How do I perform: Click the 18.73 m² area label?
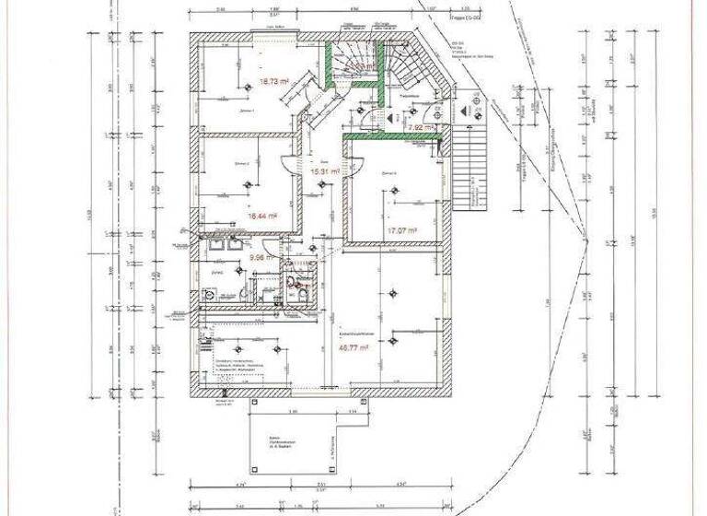coord(270,80)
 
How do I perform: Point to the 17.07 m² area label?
coord(403,230)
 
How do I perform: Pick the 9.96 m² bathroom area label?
coord(239,259)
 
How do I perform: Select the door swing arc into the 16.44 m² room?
coord(293,165)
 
